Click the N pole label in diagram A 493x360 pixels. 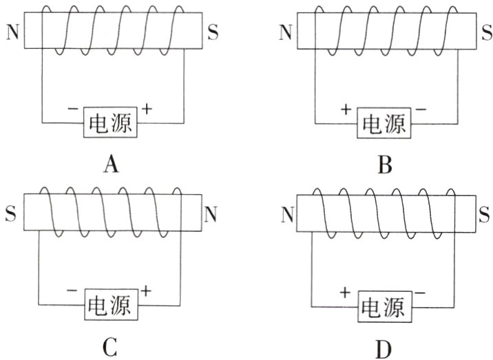(x=12, y=32)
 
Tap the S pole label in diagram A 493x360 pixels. (x=213, y=32)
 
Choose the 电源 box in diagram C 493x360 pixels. (x=111, y=304)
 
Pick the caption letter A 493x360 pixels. (x=110, y=165)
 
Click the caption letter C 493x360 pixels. (x=110, y=347)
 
